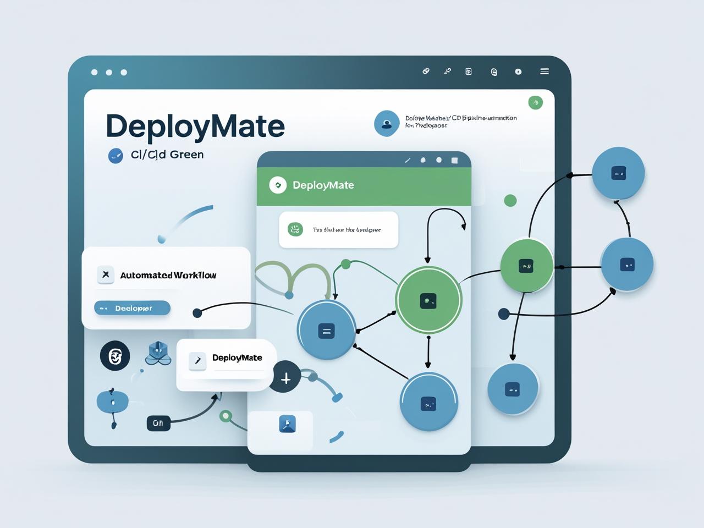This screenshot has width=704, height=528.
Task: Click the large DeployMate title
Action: tap(195, 126)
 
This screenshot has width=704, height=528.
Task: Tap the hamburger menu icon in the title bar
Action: tap(544, 71)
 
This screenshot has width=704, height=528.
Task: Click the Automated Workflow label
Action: tap(168, 275)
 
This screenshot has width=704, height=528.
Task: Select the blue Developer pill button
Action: tap(133, 308)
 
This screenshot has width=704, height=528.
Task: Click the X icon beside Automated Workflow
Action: tap(106, 274)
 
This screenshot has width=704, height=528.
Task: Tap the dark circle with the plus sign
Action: tap(285, 378)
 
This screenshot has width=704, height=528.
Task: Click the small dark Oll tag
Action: tap(158, 423)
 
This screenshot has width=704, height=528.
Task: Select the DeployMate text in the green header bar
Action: tap(323, 185)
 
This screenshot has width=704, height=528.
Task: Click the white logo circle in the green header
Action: tap(278, 185)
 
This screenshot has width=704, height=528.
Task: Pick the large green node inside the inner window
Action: tap(428, 300)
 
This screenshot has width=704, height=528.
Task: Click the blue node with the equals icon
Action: tap(326, 331)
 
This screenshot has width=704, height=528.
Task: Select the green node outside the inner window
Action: tap(526, 266)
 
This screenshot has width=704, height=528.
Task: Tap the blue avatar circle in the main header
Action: tap(387, 123)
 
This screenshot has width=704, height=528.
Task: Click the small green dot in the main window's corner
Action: tap(535, 102)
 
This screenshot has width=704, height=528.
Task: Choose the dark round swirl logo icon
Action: tap(115, 356)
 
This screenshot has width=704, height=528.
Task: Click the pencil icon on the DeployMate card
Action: tap(197, 360)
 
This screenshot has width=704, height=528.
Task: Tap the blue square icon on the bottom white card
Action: tap(288, 424)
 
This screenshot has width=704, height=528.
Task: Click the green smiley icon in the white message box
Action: tap(295, 229)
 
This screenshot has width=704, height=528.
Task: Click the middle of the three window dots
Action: tap(109, 73)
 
